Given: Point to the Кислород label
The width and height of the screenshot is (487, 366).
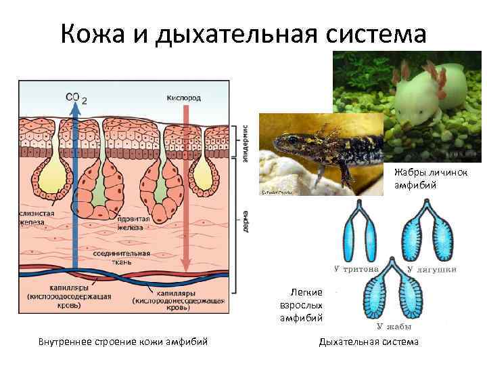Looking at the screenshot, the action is [183, 98].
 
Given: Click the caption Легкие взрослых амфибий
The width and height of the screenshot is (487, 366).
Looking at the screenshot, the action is [302, 304].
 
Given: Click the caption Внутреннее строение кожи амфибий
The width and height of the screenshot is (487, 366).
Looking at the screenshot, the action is [122, 342].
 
